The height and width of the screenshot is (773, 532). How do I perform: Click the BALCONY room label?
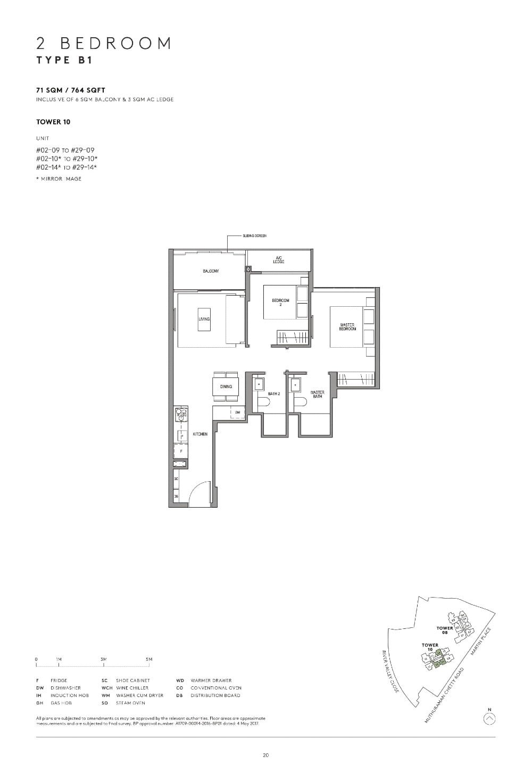point(211,271)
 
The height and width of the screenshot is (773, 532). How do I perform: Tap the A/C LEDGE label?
point(279,260)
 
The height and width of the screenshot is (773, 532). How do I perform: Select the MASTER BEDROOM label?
point(347,327)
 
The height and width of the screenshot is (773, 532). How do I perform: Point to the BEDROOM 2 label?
point(280,303)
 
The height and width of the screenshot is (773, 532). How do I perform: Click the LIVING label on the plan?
point(204,319)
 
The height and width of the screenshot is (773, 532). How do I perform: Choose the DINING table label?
point(226,386)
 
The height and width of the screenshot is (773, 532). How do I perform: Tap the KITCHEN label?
point(200,434)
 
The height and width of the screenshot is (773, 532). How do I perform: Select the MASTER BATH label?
point(317,394)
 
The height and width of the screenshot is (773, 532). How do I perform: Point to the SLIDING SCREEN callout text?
point(255,236)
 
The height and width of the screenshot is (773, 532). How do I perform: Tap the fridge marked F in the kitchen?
point(181,451)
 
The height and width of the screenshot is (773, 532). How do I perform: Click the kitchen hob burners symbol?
point(181,414)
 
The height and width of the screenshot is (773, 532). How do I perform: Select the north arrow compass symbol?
point(490,719)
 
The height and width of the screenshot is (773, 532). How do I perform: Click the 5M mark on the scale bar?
point(149,660)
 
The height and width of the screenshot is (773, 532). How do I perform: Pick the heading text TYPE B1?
point(64,60)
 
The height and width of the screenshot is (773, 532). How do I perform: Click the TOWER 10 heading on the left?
point(53,122)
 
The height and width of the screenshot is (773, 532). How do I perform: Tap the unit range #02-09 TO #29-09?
point(65,150)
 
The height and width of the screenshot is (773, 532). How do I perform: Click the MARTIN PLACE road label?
point(480,641)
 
